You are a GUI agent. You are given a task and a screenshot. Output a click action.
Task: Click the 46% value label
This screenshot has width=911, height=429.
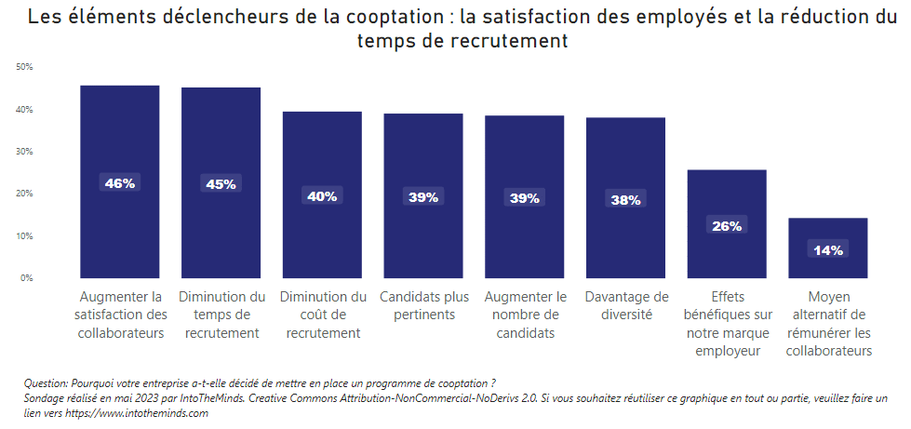tap(120, 183)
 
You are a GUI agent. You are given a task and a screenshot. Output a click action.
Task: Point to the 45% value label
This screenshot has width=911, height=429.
tap(221, 184)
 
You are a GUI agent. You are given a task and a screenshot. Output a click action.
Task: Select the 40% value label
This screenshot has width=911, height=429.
tap(322, 195)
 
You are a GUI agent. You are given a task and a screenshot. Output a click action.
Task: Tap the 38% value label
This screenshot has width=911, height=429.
tap(625, 199)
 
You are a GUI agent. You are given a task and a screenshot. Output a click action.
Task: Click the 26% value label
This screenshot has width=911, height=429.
tap(727, 225)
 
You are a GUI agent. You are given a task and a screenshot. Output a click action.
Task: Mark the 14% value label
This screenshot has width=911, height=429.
tap(828, 249)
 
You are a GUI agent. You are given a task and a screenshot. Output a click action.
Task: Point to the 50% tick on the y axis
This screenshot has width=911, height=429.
tap(24, 67)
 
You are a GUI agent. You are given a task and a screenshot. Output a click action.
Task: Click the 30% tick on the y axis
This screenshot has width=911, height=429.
tap(24, 151)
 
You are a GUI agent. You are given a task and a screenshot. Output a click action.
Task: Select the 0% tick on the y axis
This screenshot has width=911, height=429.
tap(26, 277)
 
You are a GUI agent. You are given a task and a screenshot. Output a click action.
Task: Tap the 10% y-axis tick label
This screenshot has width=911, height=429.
tap(24, 235)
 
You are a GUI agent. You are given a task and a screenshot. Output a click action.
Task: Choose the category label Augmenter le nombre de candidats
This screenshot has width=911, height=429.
tap(524, 315)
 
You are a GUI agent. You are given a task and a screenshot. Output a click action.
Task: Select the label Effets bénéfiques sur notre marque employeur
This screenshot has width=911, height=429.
tap(727, 323)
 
